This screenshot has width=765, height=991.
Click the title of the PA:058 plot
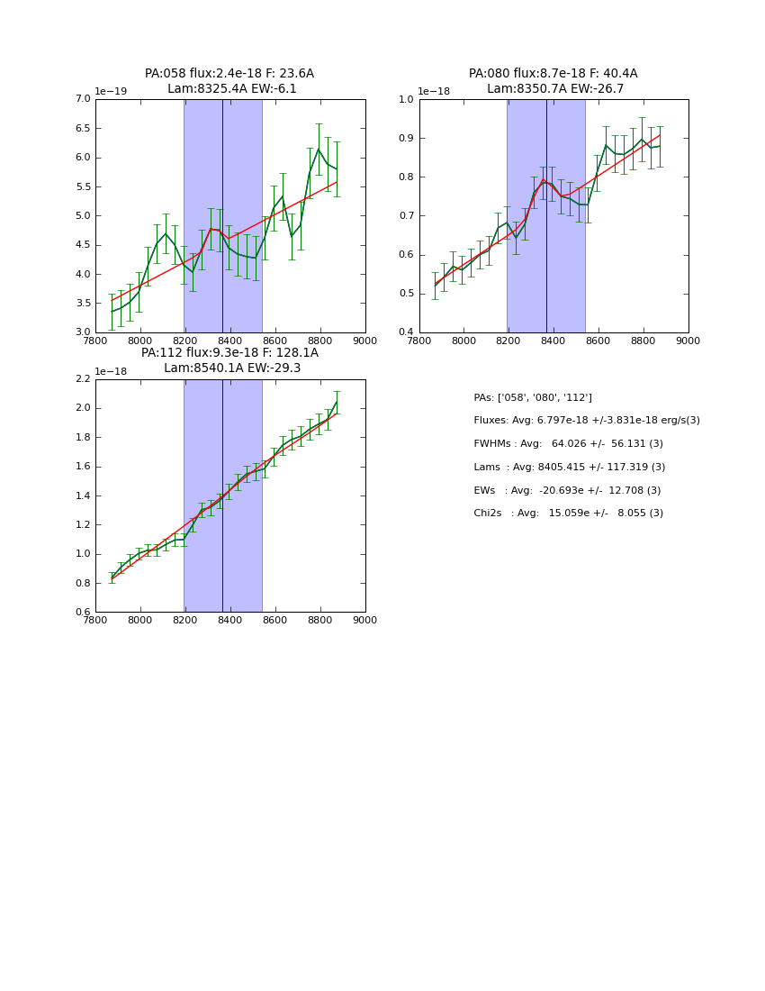click(x=229, y=81)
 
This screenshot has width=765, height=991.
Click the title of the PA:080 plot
click(x=553, y=81)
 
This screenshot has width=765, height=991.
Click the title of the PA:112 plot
click(x=229, y=360)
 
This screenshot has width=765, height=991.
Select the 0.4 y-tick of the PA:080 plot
click(x=407, y=332)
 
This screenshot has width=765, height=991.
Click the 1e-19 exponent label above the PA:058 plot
click(x=112, y=91)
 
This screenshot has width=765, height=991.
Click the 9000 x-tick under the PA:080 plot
click(x=688, y=341)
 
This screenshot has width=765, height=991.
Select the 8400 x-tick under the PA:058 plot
click(x=230, y=341)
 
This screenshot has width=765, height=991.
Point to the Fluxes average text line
click(x=587, y=421)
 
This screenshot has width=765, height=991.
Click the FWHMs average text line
click(x=569, y=444)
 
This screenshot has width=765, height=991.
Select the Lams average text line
click(x=570, y=468)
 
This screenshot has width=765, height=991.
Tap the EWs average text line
click(x=567, y=491)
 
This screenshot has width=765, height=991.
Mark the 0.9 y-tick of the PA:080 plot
click(x=407, y=138)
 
